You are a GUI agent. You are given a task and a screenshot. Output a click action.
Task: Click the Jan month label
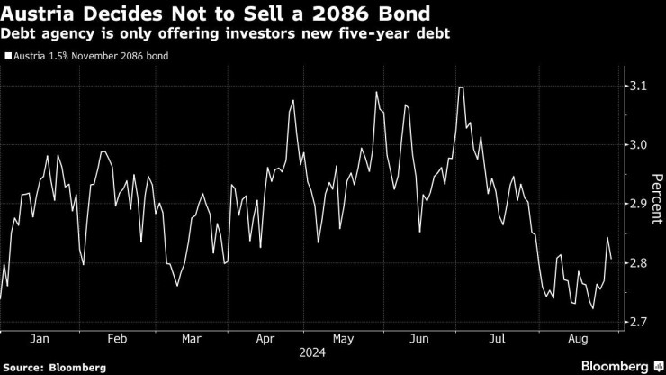(39, 341)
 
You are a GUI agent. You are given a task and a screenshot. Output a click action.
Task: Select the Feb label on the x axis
(115, 341)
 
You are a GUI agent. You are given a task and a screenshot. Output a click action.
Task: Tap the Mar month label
(190, 341)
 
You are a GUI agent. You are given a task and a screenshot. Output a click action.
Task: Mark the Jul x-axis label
(497, 341)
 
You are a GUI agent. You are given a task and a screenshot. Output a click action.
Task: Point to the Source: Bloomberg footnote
(54, 367)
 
